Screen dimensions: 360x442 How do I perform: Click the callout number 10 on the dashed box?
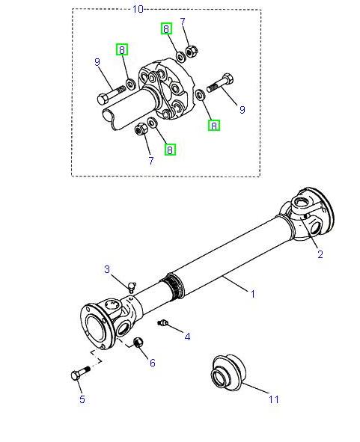pyautogui.click(x=138, y=9)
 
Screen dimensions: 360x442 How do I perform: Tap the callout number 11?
pyautogui.click(x=273, y=399)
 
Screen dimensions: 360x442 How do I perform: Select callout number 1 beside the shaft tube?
pyautogui.click(x=253, y=294)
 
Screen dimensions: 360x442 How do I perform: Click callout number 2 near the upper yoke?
pyautogui.click(x=320, y=254)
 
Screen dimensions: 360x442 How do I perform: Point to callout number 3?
pyautogui.click(x=106, y=269)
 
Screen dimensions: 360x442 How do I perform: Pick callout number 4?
pyautogui.click(x=187, y=337)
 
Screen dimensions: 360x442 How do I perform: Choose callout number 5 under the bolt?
pyautogui.click(x=82, y=399)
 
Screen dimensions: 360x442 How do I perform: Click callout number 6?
pyautogui.click(x=153, y=363)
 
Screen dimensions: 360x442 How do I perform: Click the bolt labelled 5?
pyautogui.click(x=80, y=373)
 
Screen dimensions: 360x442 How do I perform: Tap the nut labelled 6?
pyautogui.click(x=138, y=343)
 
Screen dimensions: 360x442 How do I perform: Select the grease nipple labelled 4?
pyautogui.click(x=162, y=323)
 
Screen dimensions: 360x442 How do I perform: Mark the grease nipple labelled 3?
pyautogui.click(x=132, y=287)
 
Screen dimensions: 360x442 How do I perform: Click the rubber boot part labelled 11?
pyautogui.click(x=228, y=372)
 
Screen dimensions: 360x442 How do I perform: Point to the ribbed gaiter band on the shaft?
pyautogui.click(x=172, y=287)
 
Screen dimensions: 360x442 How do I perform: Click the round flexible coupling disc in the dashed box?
pyautogui.click(x=166, y=89)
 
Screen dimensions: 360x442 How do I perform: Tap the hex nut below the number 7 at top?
pyautogui.click(x=192, y=52)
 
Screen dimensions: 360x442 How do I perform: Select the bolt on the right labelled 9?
pyautogui.click(x=220, y=83)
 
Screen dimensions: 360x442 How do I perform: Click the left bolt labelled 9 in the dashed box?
pyautogui.click(x=112, y=94)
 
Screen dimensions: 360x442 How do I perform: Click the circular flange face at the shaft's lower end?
pyautogui.click(x=92, y=327)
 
